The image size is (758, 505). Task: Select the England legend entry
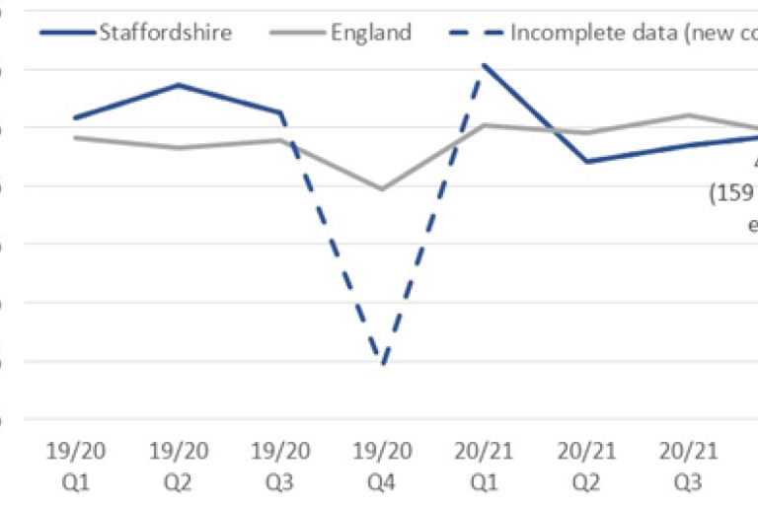336,32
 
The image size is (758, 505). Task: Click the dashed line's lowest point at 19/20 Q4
382,364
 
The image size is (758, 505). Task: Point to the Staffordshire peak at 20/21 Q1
484,65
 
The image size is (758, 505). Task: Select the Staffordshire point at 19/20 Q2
179,85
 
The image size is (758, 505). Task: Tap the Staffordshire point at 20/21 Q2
586,162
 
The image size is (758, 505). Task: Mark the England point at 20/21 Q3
689,115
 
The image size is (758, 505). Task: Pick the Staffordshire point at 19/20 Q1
76,117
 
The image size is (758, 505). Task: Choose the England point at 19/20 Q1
76,137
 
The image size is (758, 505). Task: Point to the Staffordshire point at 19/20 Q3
281,112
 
